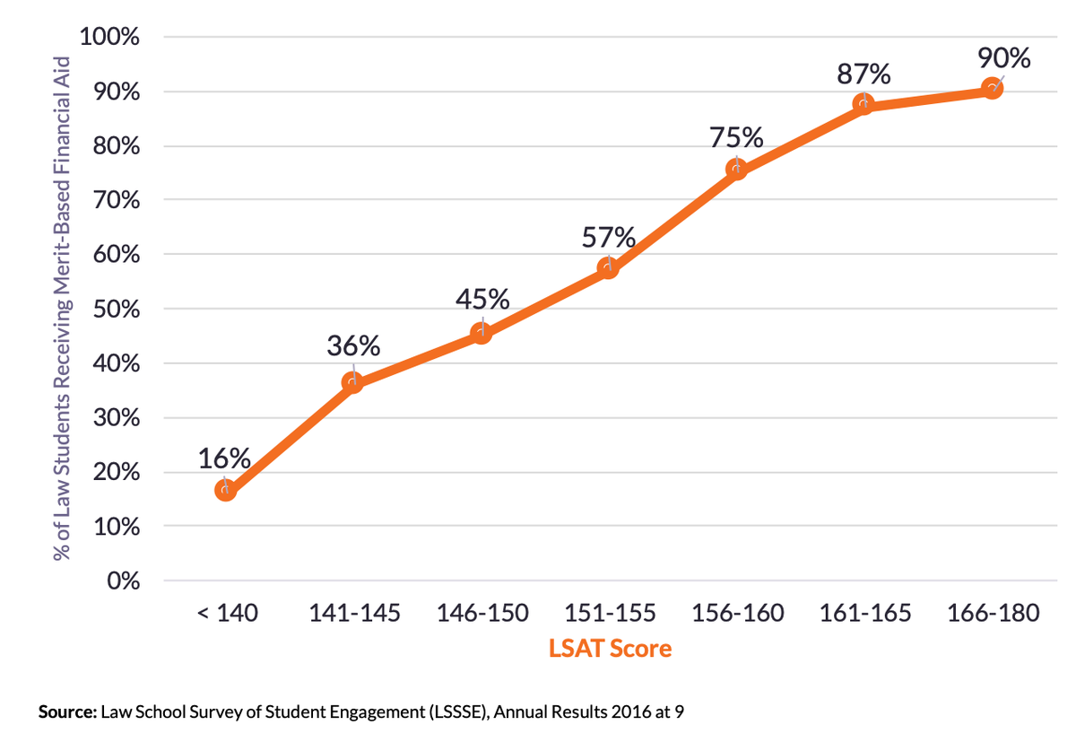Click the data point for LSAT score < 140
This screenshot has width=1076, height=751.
(x=225, y=490)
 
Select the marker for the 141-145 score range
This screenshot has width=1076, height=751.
(x=352, y=383)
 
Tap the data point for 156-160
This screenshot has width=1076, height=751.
(x=736, y=170)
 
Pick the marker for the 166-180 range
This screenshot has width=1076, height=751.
(x=992, y=88)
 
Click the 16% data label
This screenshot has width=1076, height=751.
(x=224, y=458)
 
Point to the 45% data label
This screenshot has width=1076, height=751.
(x=482, y=299)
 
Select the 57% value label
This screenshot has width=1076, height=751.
(x=610, y=238)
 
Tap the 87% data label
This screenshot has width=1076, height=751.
(x=864, y=73)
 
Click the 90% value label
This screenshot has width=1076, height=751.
(x=1003, y=57)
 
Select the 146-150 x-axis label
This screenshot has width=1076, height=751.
(x=482, y=614)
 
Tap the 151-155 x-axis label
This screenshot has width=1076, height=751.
(x=610, y=614)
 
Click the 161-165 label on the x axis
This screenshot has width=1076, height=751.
(x=864, y=614)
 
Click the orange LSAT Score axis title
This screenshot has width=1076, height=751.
(x=610, y=648)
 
